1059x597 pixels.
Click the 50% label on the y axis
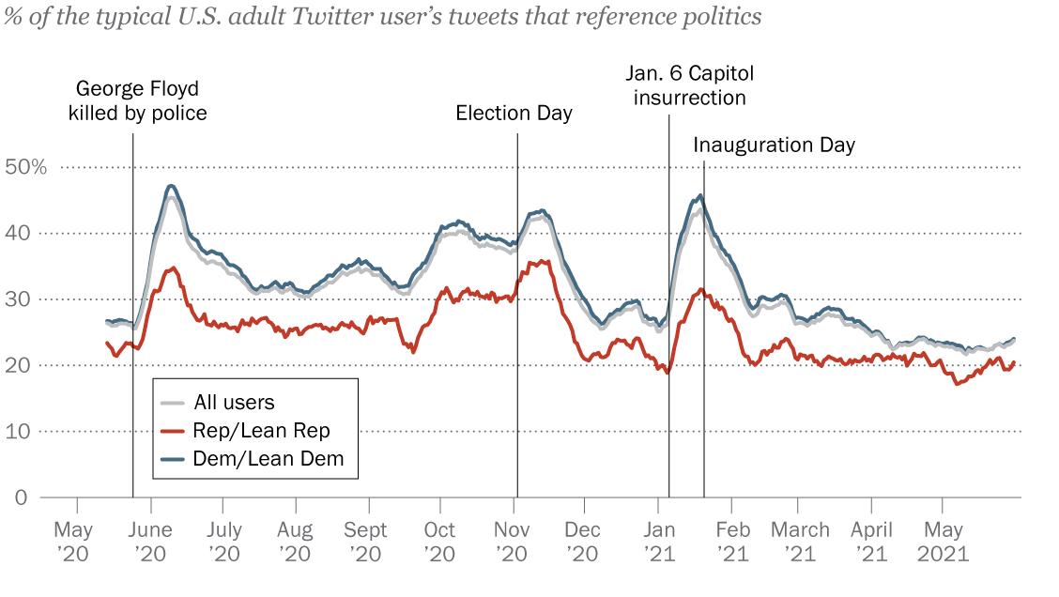25,167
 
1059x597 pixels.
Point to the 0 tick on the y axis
21,497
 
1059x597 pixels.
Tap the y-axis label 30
21,299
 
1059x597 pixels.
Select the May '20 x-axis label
73,542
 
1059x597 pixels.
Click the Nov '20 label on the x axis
513,542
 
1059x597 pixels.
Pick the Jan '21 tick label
659,542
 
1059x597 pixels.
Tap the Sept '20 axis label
366,542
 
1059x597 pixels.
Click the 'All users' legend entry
234,403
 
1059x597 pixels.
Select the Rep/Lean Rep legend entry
261,431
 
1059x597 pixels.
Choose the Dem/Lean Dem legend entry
268,459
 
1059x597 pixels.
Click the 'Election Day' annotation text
514,114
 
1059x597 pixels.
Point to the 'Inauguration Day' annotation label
775,145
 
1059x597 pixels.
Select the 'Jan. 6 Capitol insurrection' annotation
690,85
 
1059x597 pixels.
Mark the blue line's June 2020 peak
171,186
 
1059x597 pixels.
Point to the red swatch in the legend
173,431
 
